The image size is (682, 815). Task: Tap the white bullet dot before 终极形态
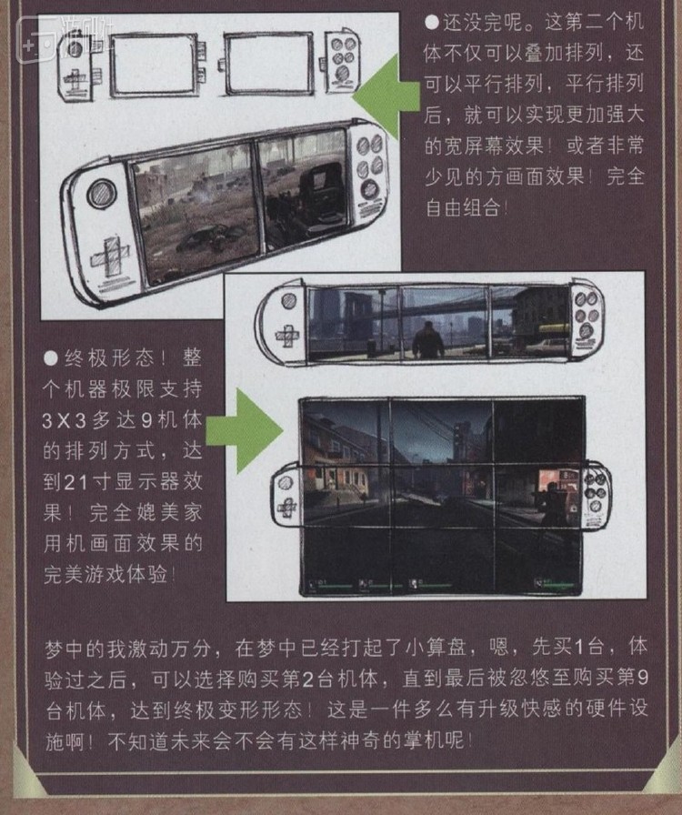tap(52, 354)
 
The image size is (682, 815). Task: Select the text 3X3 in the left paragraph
tap(70, 425)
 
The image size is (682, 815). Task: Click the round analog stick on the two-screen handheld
tap(101, 193)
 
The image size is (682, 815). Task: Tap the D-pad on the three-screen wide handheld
tap(285, 334)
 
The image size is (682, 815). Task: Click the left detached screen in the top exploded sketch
tap(153, 64)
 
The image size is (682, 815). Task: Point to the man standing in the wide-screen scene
tap(428, 340)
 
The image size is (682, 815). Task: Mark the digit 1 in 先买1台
tap(586, 648)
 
